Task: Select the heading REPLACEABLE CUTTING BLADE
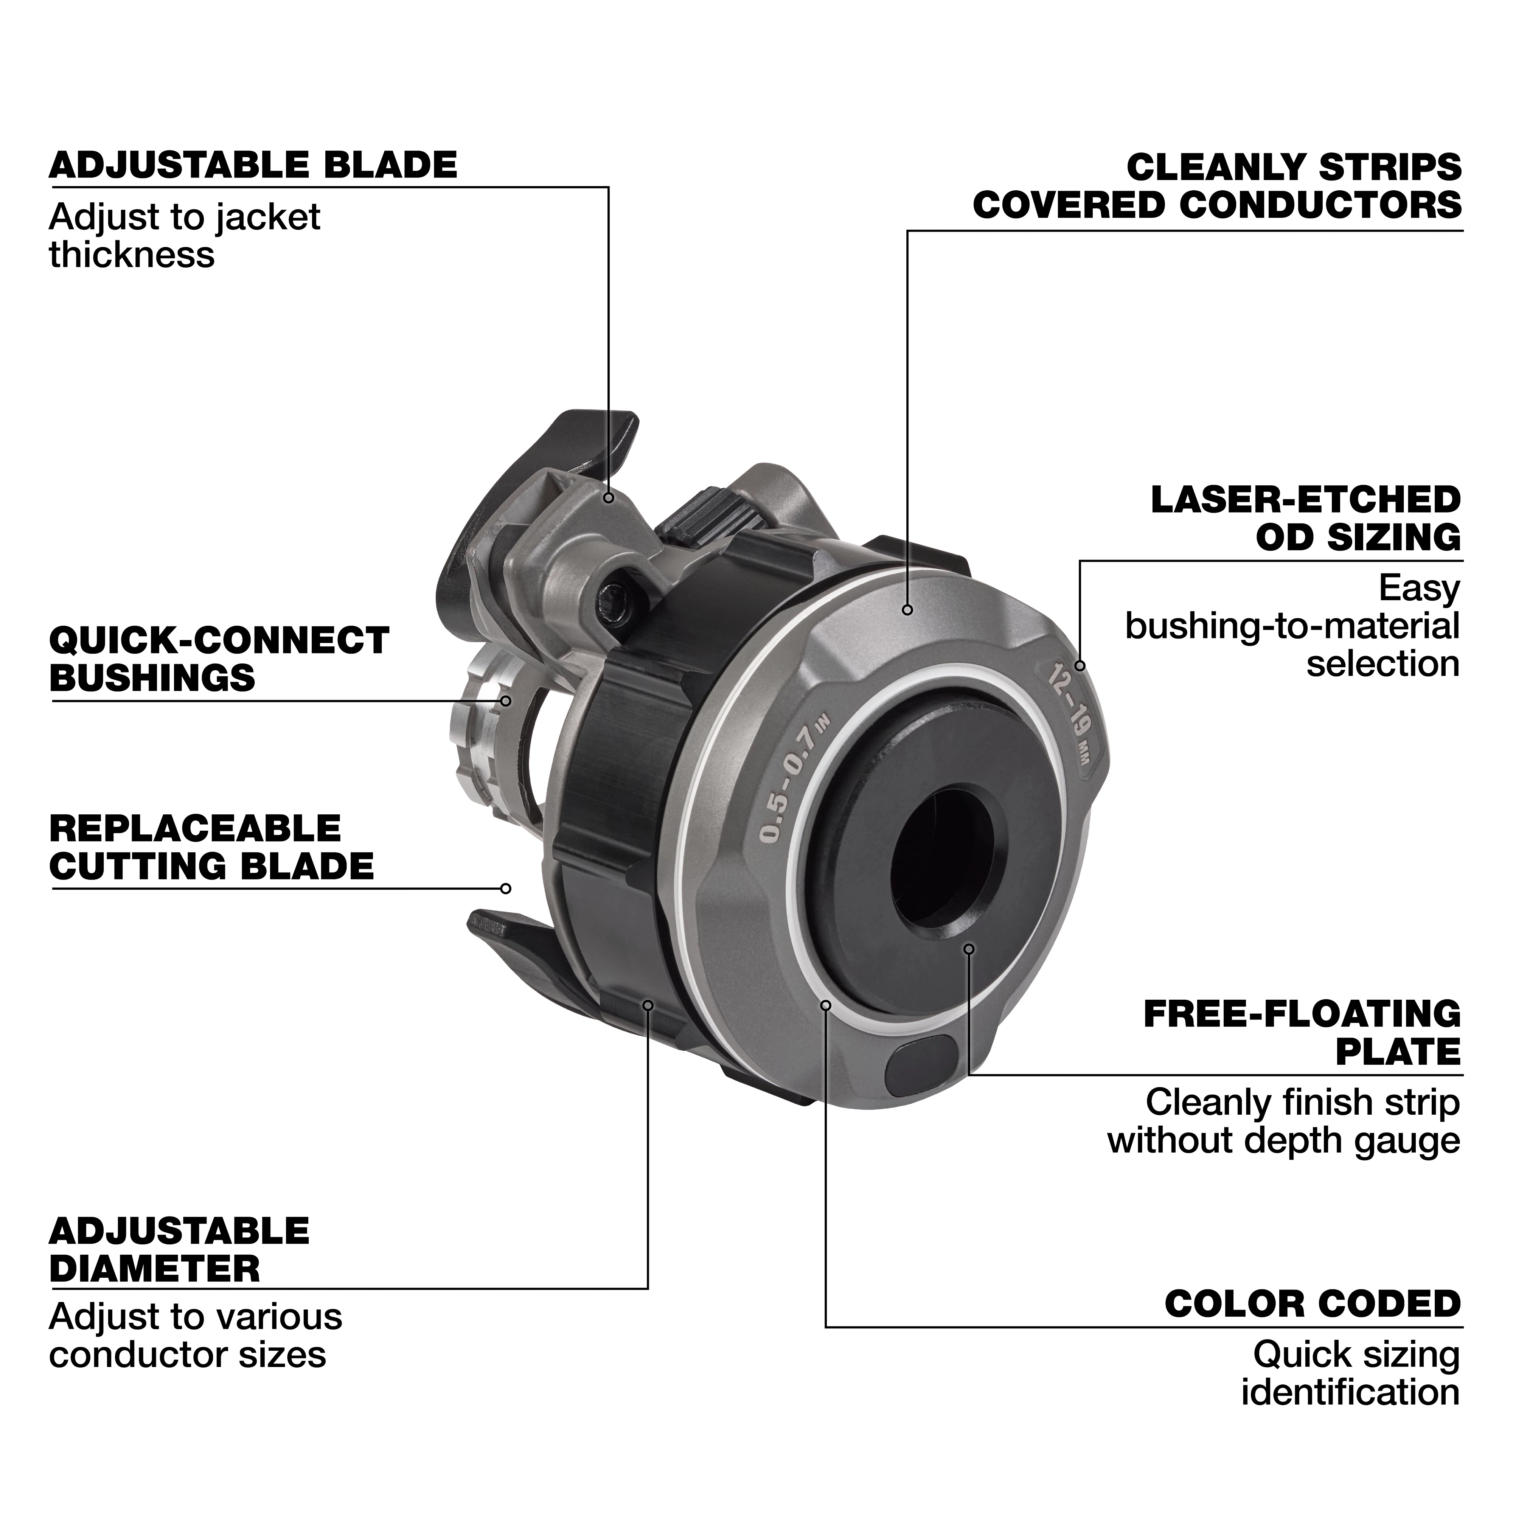(211, 847)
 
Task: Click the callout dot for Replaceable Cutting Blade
(506, 888)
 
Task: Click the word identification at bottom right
(1350, 1392)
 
